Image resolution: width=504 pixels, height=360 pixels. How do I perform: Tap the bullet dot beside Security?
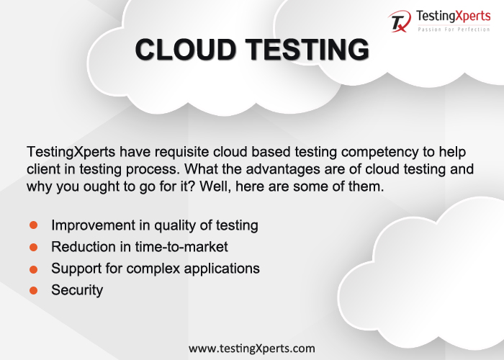tap(33, 290)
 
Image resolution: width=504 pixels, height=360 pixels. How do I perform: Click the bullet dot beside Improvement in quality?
tap(33, 225)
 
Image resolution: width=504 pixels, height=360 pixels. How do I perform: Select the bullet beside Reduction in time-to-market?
tap(33, 247)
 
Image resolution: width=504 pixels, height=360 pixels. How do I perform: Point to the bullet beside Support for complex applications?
tap(33, 269)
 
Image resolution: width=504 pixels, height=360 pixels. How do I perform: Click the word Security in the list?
tap(77, 290)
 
